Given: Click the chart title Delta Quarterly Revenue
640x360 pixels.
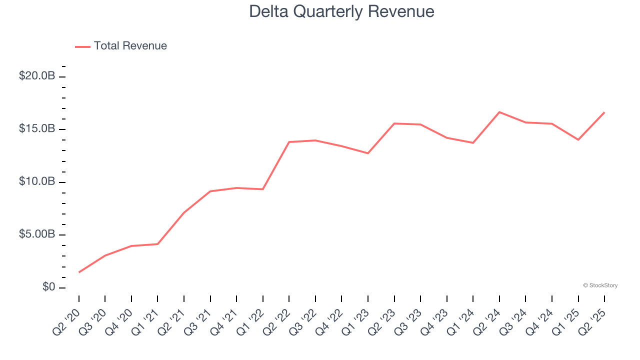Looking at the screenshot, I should [341, 11].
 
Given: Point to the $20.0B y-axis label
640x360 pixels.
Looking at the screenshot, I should [37, 76].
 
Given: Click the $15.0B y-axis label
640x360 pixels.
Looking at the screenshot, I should [37, 129].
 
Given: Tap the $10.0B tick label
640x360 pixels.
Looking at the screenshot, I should [37, 181].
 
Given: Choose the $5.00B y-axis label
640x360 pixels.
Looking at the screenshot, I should [37, 234].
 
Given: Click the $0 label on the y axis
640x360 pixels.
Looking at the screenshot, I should [48, 287].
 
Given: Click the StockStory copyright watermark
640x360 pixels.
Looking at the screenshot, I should [600, 285].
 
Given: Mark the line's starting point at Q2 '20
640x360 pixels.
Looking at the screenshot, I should [79, 272].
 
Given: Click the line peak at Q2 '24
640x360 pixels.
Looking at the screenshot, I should [499, 112].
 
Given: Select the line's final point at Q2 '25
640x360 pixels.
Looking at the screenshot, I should [604, 112].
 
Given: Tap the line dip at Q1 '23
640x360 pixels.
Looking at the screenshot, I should [368, 153].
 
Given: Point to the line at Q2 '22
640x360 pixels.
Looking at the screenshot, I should [289, 142].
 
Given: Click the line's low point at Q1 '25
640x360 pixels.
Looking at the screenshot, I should [578, 139].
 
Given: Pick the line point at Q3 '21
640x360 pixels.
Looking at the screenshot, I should [210, 191].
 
